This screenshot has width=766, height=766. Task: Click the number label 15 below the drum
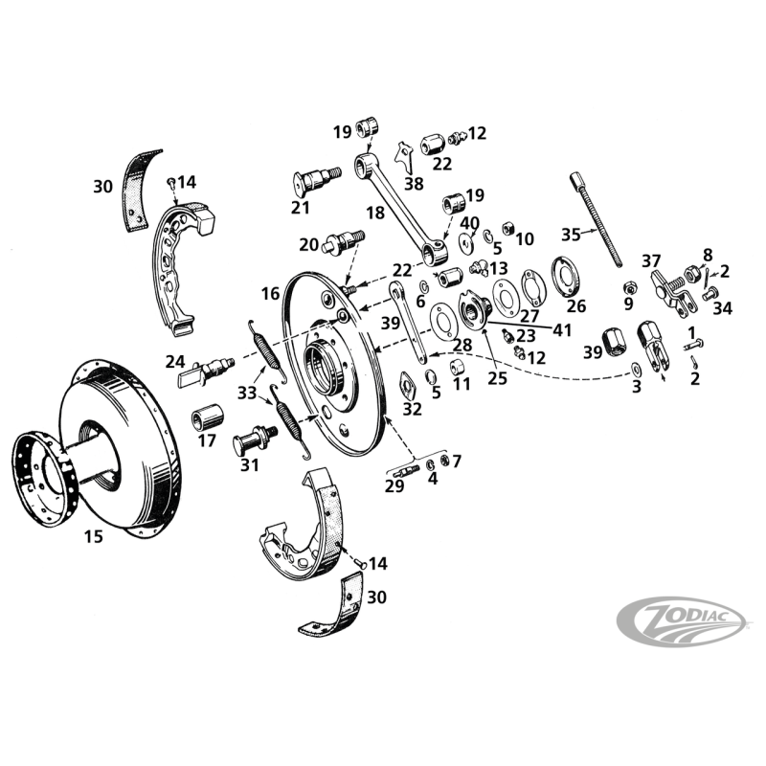tap(93, 537)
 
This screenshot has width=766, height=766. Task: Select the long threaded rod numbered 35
tap(598, 226)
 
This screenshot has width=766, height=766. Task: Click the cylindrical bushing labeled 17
tap(208, 417)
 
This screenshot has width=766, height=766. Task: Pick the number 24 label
tap(175, 361)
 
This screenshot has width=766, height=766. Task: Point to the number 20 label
tap(308, 244)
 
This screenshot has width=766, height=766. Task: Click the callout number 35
tap(571, 233)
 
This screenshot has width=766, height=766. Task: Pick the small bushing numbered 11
tap(461, 367)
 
